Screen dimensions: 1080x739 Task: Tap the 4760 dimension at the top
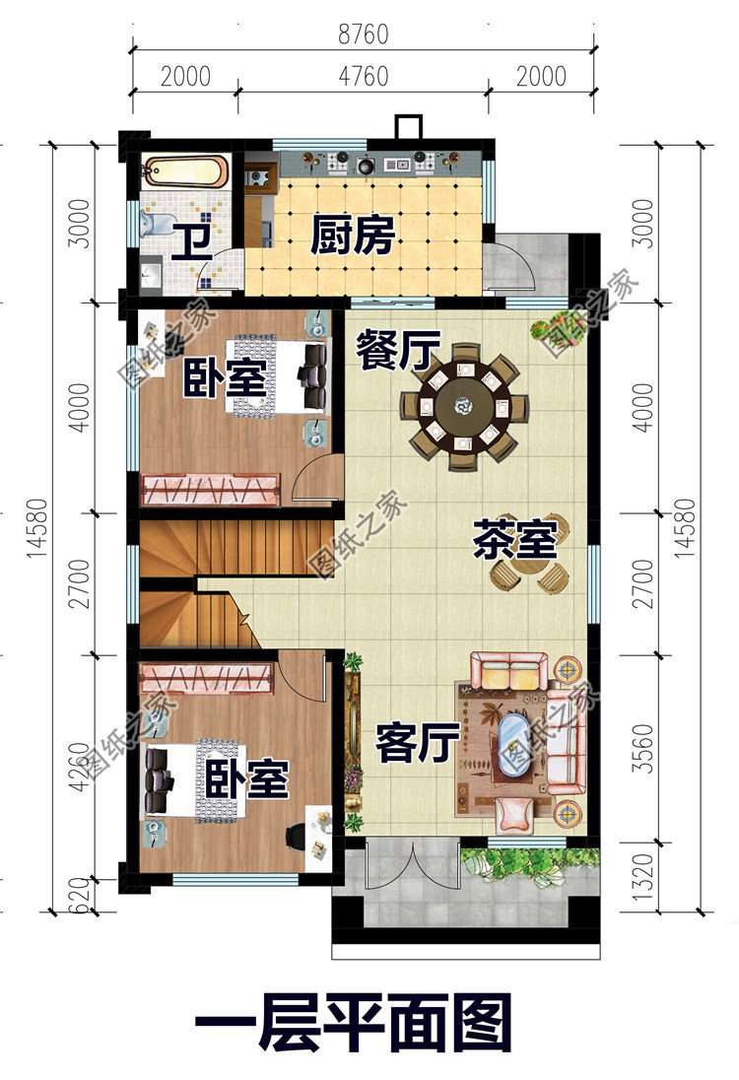click(x=363, y=76)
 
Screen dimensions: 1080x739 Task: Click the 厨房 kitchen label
click(x=352, y=236)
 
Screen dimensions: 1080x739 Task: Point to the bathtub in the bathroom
click(x=186, y=175)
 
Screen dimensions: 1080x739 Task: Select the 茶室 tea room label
click(x=515, y=540)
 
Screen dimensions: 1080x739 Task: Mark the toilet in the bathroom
click(x=148, y=226)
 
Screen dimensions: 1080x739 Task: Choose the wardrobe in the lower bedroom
click(x=206, y=677)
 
